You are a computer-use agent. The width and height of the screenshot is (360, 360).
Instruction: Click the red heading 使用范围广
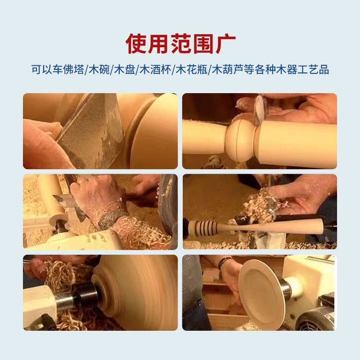180,43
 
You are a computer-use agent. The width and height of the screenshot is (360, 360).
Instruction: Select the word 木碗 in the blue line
97,70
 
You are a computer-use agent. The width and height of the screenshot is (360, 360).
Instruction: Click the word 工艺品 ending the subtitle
315,70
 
